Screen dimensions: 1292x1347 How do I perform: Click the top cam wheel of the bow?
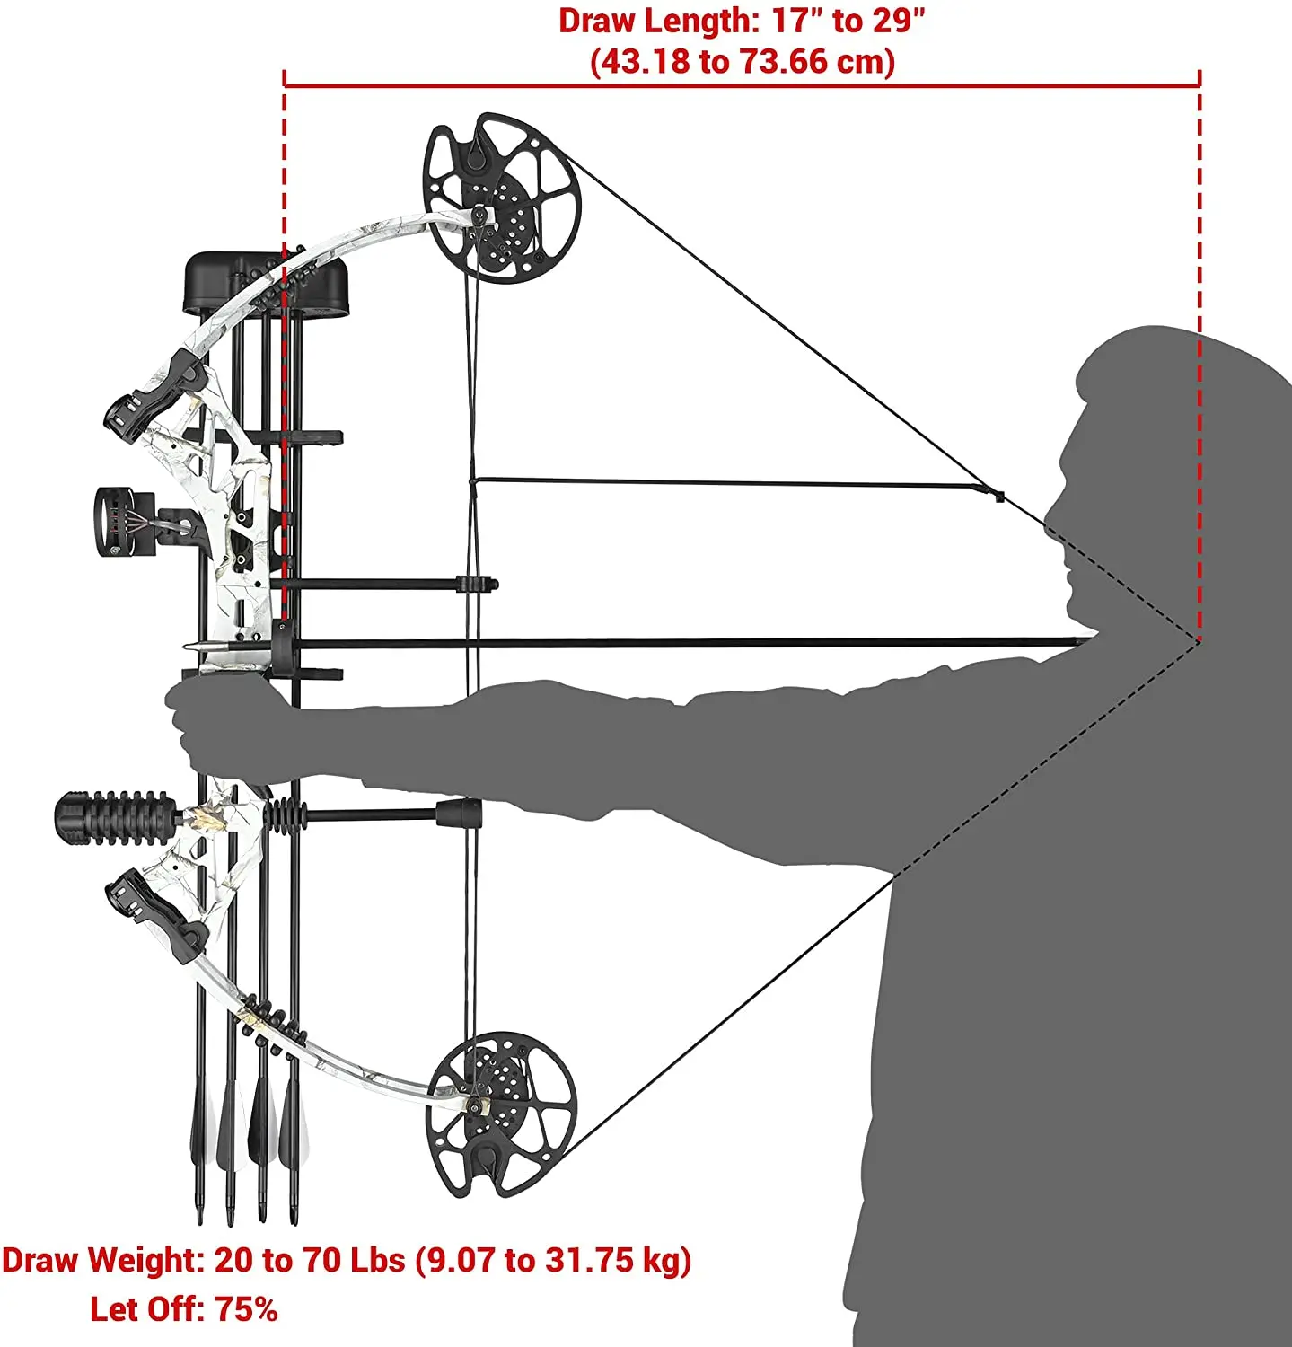click(x=502, y=198)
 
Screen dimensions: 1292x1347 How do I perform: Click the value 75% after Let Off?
click(x=246, y=1309)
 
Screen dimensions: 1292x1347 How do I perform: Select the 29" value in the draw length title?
click(x=897, y=21)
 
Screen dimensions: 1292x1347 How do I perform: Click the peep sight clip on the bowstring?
click(x=998, y=494)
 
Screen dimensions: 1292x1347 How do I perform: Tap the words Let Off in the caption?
click(x=148, y=1309)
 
